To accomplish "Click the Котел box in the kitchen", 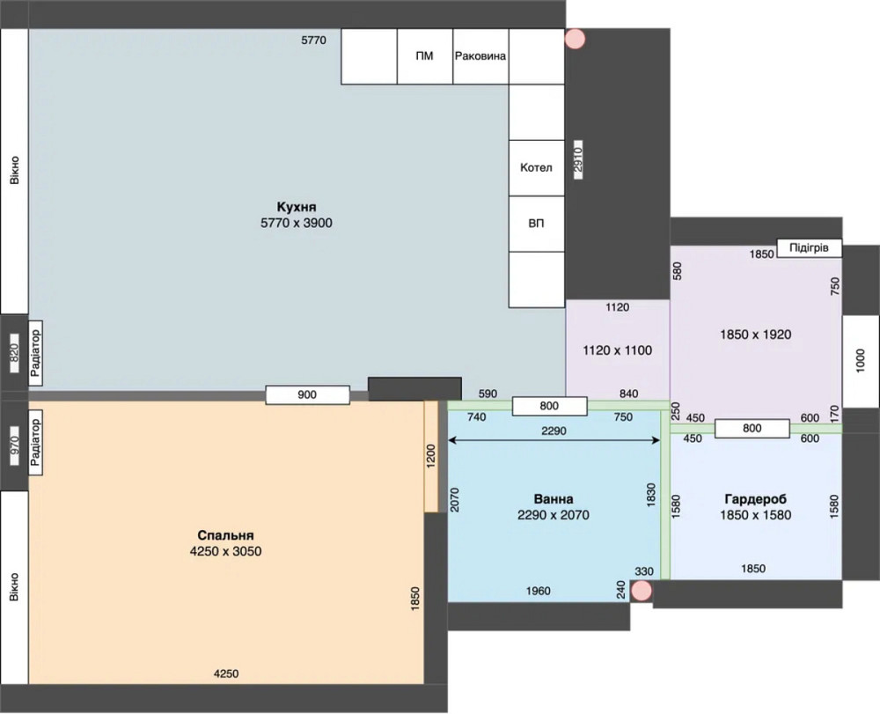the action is point(536,168).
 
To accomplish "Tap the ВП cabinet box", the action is point(536,224).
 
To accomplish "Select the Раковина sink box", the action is point(480,56).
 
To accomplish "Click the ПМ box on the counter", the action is point(425,56).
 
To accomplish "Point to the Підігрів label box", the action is point(810,247).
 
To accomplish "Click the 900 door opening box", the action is point(307,394).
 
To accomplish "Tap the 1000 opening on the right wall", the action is point(861,362).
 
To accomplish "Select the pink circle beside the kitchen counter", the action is point(575,39).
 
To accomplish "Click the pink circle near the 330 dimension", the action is point(642,591).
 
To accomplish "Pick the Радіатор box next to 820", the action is point(35,353).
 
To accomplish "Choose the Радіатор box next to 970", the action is point(35,443).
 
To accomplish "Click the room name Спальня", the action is point(225,535).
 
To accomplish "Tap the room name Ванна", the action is point(554,499).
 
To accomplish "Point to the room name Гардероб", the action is point(755,499).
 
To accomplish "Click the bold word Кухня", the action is point(297,207).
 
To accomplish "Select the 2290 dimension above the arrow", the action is point(554,431).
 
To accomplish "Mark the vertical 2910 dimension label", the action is point(578,159).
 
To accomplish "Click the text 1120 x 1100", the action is point(618,350).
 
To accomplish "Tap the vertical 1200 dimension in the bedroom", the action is point(431,456).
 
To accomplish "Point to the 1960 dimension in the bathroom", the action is point(539,591).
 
